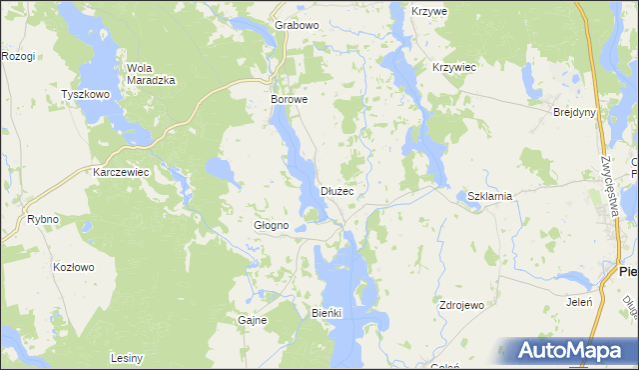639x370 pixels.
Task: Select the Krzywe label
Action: click(x=429, y=10)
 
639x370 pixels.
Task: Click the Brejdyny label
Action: click(x=574, y=112)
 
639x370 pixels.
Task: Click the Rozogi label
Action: click(x=18, y=56)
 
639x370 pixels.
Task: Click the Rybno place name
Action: click(x=43, y=219)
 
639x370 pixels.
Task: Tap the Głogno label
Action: click(x=271, y=226)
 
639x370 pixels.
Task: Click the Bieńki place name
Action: click(x=326, y=313)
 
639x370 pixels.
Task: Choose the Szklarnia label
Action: click(x=489, y=196)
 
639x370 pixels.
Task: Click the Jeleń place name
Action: click(x=579, y=301)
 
